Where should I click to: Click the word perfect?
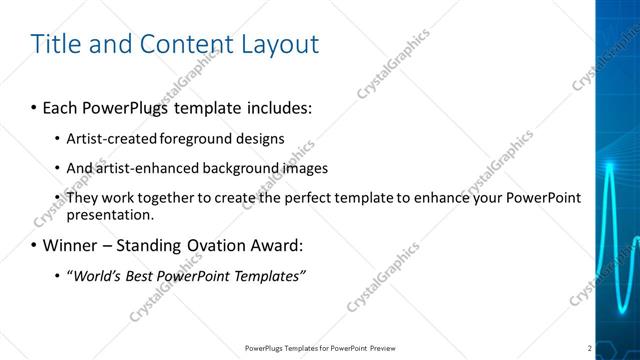(283, 197)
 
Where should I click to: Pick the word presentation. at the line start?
(110, 214)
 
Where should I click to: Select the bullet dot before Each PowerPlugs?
(35, 106)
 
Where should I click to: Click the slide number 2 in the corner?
(590, 348)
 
